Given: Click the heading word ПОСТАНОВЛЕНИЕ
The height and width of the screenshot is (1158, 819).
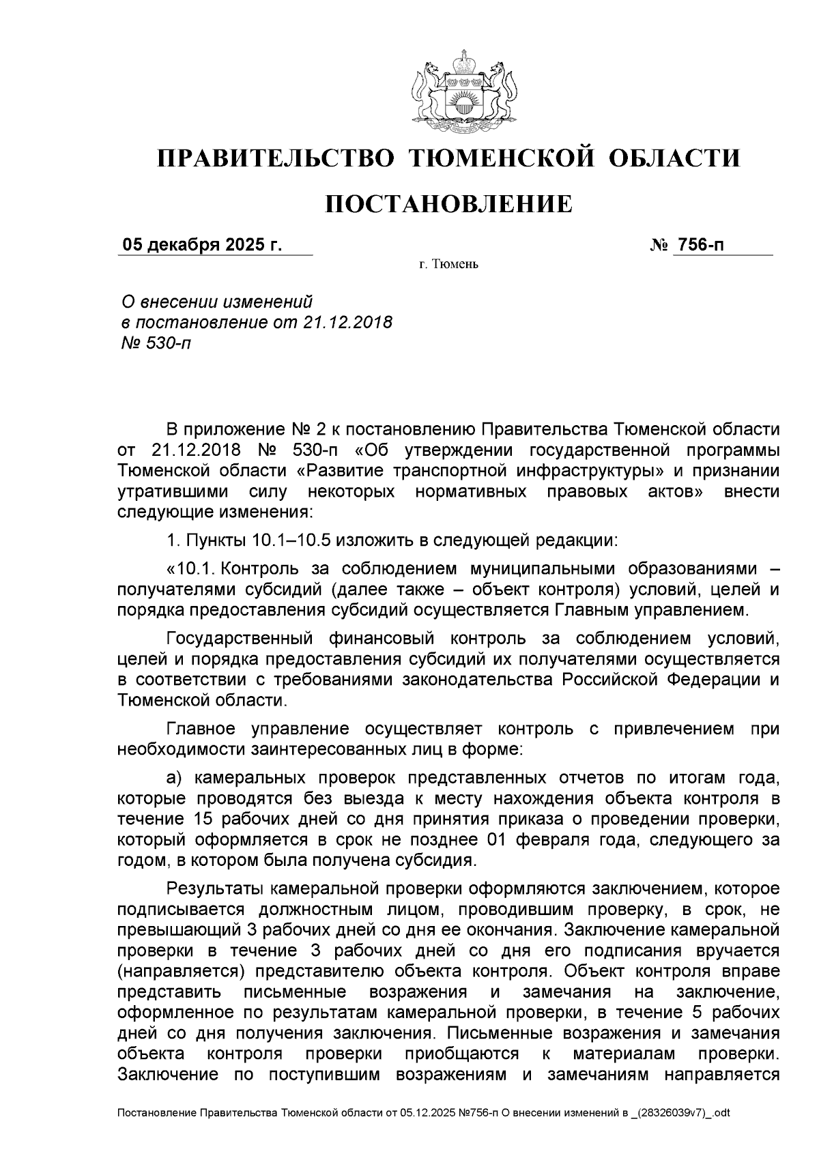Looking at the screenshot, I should click(x=448, y=204).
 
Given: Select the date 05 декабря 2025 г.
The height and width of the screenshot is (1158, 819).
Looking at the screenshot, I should click(x=201, y=245).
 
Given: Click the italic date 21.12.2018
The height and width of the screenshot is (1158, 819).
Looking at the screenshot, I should click(x=347, y=322).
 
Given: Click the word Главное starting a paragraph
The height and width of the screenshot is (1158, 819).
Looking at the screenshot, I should click(x=201, y=729).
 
